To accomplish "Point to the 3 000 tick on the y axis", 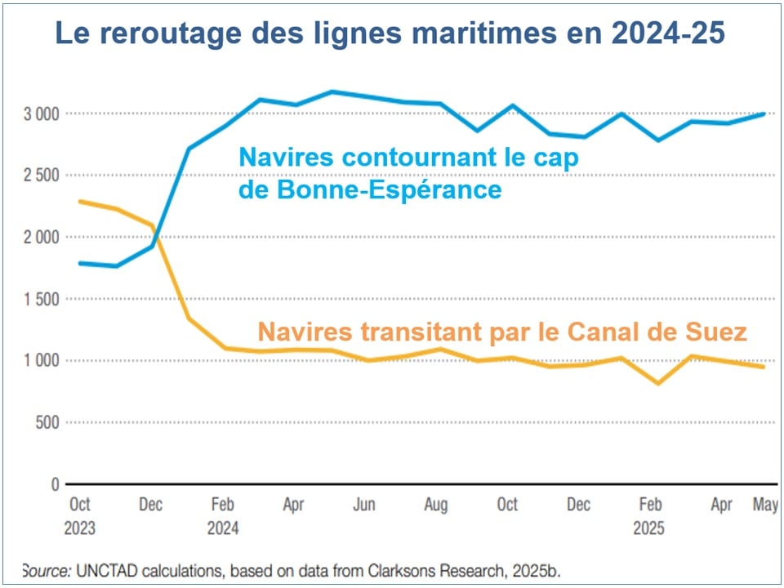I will coord(41,113).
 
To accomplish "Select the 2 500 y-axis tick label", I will coord(41,175).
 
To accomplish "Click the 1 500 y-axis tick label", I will coord(41,299).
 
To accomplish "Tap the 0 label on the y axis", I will coord(55,484).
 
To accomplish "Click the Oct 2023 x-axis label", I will coord(79,516).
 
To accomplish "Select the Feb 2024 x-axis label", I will coord(222,516).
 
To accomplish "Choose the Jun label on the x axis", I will coord(364,505).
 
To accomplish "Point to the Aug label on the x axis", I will coord(435,505).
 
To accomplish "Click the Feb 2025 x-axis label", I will coord(649,516).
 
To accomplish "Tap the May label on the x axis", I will coord(765,505).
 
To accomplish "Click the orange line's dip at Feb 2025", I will coord(658,383).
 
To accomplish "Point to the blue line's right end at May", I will coord(764,114).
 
